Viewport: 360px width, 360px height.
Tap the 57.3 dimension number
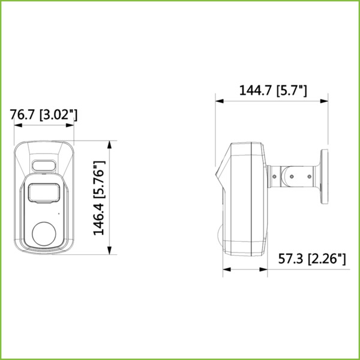(x=290, y=259)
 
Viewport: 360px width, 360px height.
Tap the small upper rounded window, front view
(x=43, y=165)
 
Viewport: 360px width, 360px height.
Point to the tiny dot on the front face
(x=59, y=212)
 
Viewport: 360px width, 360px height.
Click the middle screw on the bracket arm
(x=292, y=176)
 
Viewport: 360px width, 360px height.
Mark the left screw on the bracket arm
(x=275, y=176)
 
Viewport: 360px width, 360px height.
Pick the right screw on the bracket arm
(x=310, y=176)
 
